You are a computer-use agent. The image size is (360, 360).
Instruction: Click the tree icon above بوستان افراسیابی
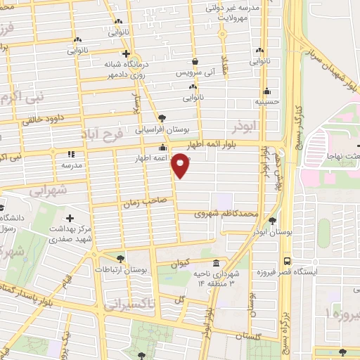coord(162,118)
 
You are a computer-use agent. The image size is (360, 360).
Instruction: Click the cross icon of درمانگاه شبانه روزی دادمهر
coord(126,53)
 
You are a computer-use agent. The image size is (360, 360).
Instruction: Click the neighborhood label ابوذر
coord(245,127)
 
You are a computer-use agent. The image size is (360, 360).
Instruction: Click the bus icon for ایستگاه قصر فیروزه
coord(286,259)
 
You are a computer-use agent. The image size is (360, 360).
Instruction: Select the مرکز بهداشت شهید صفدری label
coord(69,235)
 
